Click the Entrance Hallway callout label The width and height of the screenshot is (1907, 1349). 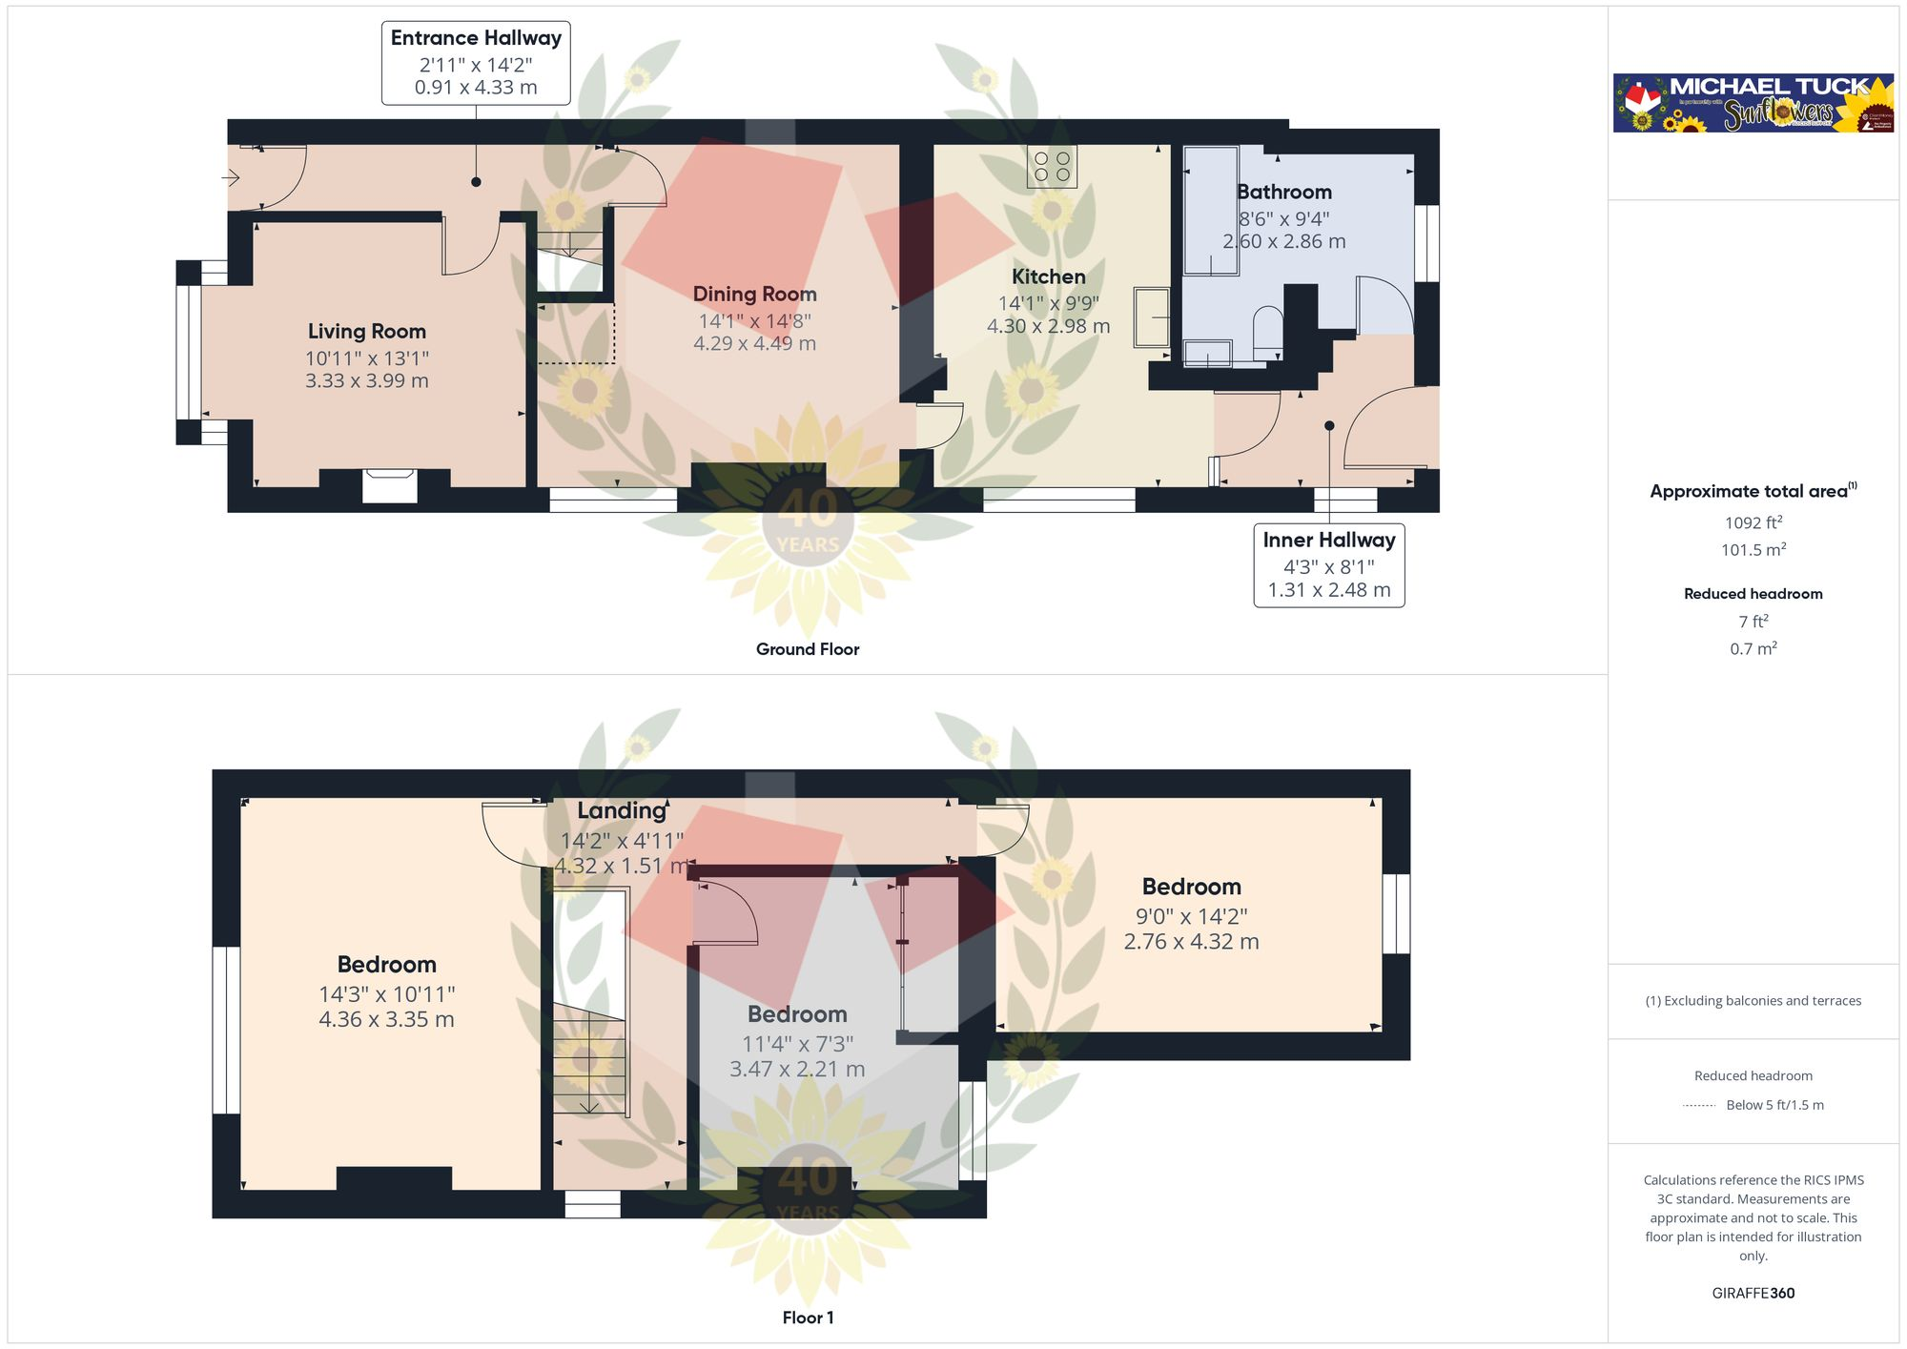(x=476, y=63)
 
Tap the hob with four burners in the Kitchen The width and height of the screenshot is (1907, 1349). (x=1052, y=166)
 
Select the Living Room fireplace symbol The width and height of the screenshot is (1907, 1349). (x=390, y=485)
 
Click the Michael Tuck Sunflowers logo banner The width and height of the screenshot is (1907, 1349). (x=1753, y=103)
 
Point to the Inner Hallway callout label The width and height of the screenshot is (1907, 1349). (x=1328, y=564)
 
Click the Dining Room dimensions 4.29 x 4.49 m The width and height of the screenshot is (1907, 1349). (x=754, y=343)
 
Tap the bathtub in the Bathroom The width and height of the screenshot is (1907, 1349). (x=1211, y=210)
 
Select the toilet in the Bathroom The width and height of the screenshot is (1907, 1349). (x=1268, y=330)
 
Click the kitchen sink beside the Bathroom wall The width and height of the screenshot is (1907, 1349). (x=1152, y=317)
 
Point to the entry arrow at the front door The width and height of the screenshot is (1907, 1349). (x=231, y=177)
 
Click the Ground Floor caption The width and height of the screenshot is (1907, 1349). (x=808, y=649)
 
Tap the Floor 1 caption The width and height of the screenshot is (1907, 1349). (x=808, y=1318)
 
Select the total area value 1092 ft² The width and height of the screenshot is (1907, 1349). (x=1753, y=522)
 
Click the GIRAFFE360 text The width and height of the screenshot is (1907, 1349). (x=1753, y=1293)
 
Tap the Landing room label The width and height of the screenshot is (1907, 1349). (x=622, y=810)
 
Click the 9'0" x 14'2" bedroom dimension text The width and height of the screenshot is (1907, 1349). (x=1191, y=916)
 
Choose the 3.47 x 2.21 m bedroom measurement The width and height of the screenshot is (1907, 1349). (x=797, y=1069)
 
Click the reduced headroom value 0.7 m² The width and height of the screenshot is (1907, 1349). (x=1753, y=648)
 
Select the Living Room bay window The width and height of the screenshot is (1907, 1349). (x=189, y=353)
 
